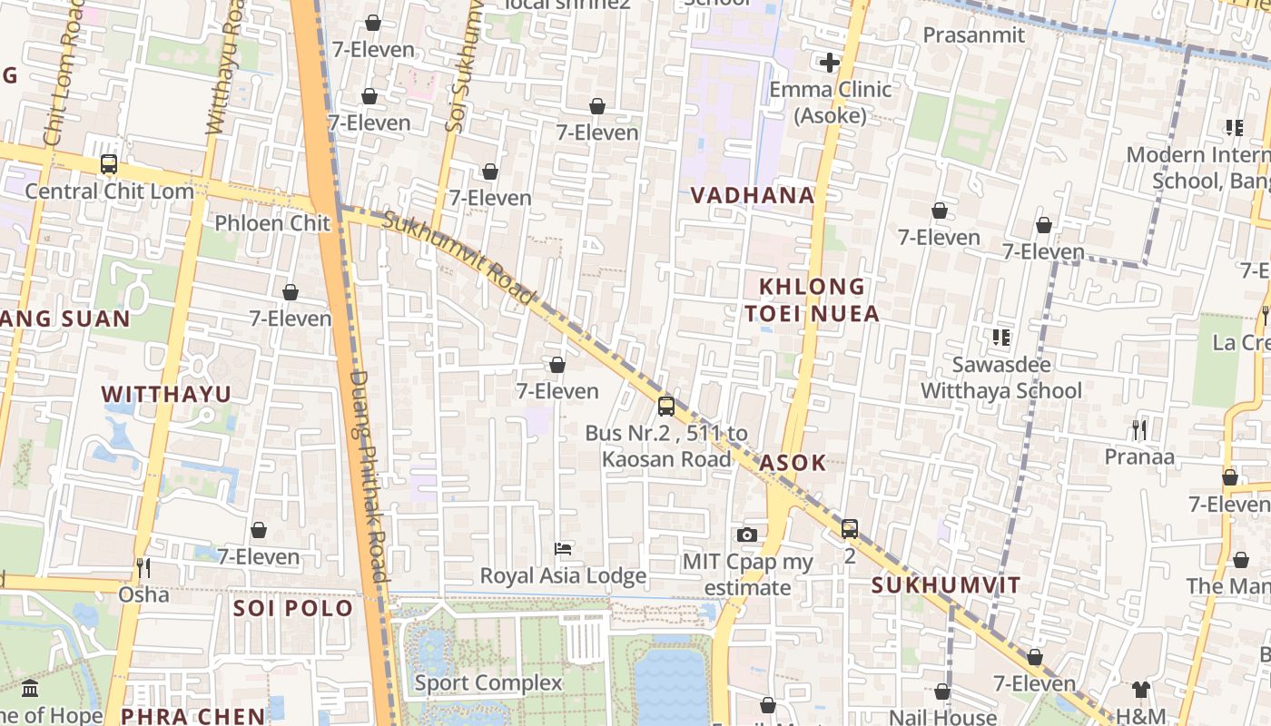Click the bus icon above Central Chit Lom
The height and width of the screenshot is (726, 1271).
coord(109,164)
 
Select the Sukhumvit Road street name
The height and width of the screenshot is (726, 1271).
coord(458,259)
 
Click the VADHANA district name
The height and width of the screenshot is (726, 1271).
coord(753,195)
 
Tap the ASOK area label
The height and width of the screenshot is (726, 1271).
coord(793,463)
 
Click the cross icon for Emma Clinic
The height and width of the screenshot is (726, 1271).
coord(829,63)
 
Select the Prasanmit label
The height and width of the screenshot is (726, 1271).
coord(973,35)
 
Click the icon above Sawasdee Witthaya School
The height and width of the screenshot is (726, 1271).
coord(1001,338)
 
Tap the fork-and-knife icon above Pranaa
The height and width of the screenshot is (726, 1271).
coord(1139,429)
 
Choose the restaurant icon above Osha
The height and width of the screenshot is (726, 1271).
coord(143,568)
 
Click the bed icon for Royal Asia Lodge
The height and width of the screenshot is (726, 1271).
coord(563,549)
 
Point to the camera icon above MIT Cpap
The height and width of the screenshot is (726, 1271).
coord(747,535)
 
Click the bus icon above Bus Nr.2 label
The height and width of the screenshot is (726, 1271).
coord(666,406)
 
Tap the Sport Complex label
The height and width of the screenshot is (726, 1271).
coord(488,683)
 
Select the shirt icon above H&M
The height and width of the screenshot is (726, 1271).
coord(1141,690)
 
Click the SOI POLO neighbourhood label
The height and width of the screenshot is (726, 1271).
coord(293,608)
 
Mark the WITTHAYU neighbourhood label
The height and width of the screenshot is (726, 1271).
coord(166,394)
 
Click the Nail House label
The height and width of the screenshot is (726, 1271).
coord(942,717)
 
